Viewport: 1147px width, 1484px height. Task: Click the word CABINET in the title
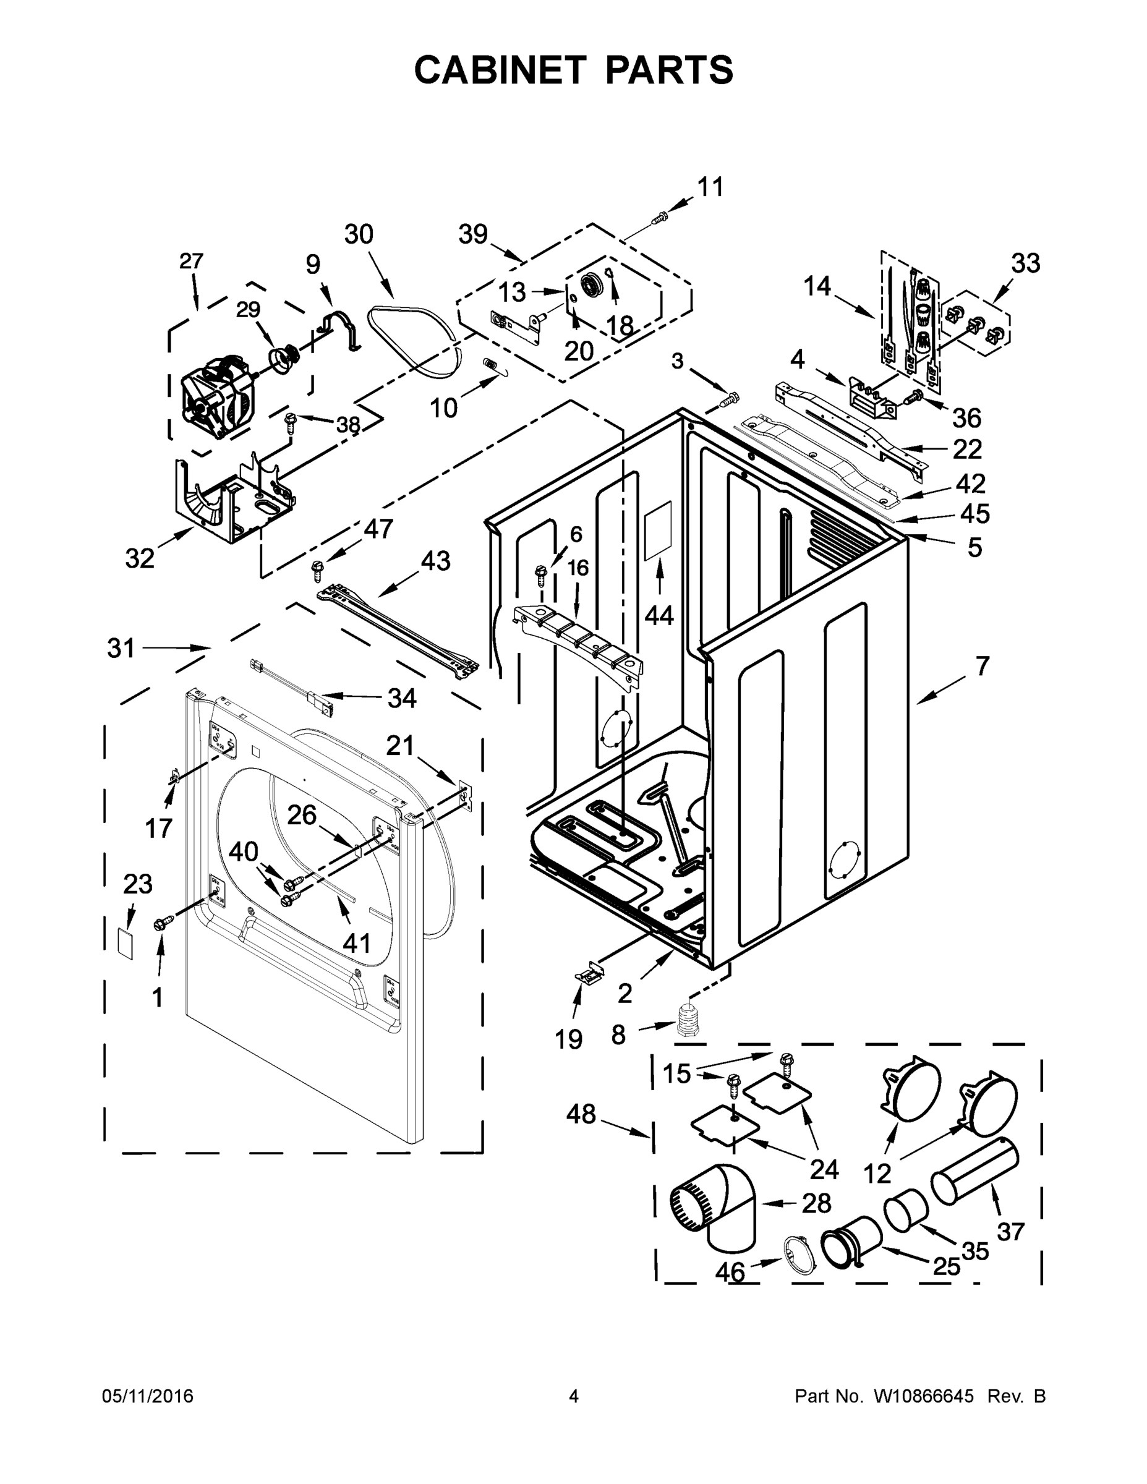click(500, 69)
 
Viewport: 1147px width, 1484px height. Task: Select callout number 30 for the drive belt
click(359, 234)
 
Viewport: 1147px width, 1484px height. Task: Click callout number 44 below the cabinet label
click(659, 616)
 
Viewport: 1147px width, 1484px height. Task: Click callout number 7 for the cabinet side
click(983, 667)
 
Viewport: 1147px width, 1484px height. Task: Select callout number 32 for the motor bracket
click(139, 558)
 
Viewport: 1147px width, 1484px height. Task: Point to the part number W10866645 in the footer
click(923, 1397)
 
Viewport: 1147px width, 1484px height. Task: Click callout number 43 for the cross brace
click(435, 561)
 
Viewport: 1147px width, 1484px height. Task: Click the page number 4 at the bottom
click(574, 1397)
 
